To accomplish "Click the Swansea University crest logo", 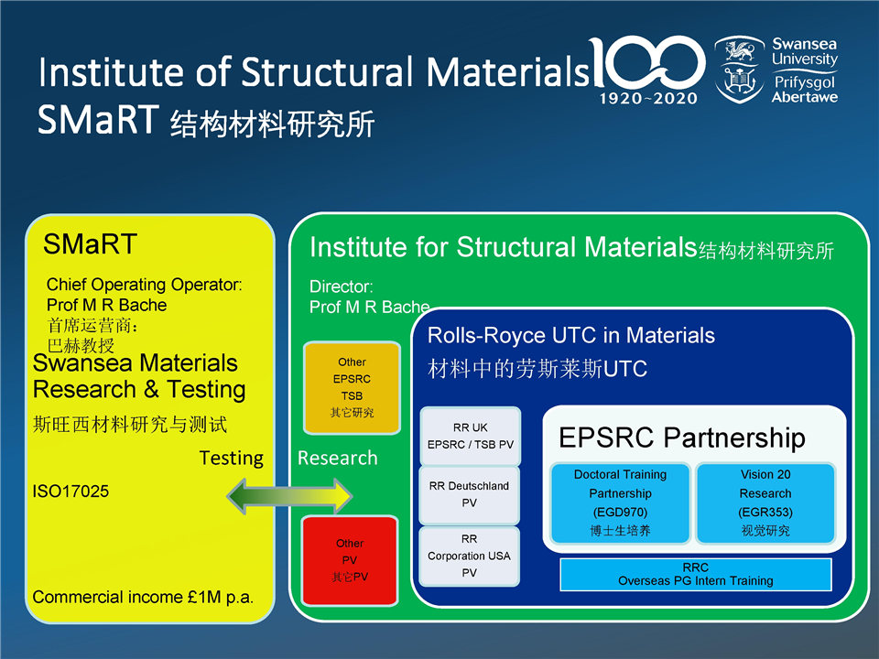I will (x=740, y=69).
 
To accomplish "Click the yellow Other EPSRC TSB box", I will (x=352, y=387).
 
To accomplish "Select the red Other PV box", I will (x=350, y=560).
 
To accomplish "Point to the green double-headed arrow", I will (x=289, y=495).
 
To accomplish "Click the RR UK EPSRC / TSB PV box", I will (x=470, y=436).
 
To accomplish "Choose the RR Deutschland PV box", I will (x=469, y=494).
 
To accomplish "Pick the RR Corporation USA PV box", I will (x=469, y=556).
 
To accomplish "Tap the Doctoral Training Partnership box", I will (x=620, y=502).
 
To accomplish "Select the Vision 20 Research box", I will (x=765, y=502).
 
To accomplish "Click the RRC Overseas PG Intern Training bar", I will (x=695, y=574).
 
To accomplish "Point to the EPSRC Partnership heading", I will (x=681, y=438).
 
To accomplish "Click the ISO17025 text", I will (x=71, y=492).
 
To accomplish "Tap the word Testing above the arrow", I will (x=231, y=458).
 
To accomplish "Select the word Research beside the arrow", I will (x=337, y=458).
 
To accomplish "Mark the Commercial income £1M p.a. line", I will (x=143, y=597).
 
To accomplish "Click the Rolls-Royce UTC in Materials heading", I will (x=570, y=336).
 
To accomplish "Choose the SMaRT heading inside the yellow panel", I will (x=90, y=243).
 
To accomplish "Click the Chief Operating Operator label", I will (x=144, y=285).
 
